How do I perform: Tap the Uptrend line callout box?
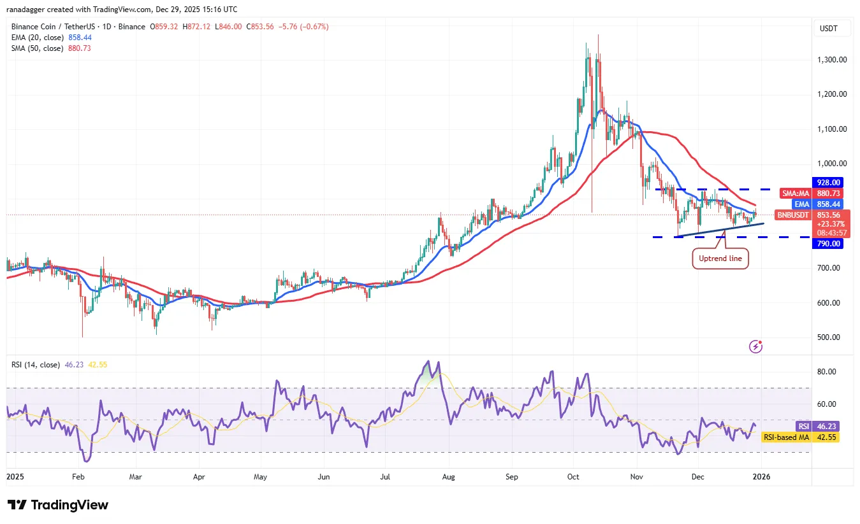coord(719,258)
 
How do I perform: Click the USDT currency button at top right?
coord(829,29)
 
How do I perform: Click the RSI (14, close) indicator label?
coord(36,365)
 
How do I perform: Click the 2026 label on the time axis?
coord(756,476)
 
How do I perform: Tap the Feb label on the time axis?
coord(78,476)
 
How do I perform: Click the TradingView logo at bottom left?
coord(58,505)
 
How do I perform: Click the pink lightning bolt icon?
coord(756,346)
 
